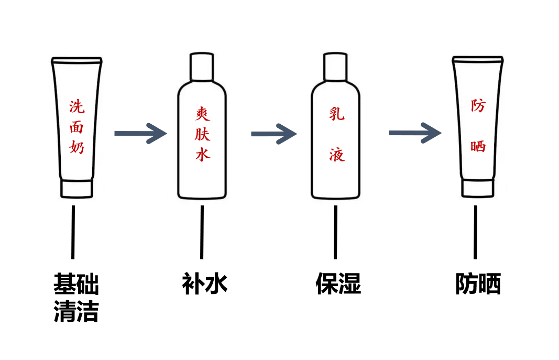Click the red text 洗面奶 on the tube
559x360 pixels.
pyautogui.click(x=76, y=127)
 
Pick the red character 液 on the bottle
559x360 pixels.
pyautogui.click(x=337, y=154)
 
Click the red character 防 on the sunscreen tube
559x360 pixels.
pyautogui.click(x=478, y=106)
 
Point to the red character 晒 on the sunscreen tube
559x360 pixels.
pyautogui.click(x=478, y=146)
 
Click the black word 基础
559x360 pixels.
pyautogui.click(x=76, y=284)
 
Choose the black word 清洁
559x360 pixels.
pyautogui.click(x=76, y=312)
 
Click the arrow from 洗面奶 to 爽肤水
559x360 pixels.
pyautogui.click(x=140, y=133)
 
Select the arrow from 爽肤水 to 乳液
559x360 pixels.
pyautogui.click(x=274, y=134)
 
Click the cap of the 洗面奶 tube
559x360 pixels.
pyautogui.click(x=76, y=189)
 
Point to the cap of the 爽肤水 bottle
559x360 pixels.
pyautogui.click(x=202, y=67)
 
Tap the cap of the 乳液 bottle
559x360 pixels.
pyautogui.click(x=336, y=67)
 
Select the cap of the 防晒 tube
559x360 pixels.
pyautogui.click(x=477, y=188)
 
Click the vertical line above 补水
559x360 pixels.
pyautogui.click(x=202, y=232)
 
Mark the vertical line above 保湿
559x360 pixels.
pyautogui.click(x=336, y=232)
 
